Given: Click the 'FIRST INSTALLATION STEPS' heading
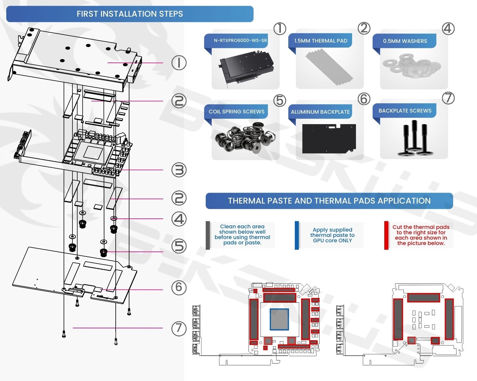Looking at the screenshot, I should pos(130,14).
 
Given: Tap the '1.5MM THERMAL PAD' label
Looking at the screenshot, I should pos(320,41).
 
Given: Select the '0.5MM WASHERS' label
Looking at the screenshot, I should pos(405,41).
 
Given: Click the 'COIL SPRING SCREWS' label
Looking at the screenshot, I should pos(236,112).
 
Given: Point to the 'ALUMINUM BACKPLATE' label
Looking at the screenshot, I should pos(320,112).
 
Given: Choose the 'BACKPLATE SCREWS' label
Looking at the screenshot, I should pos(405,111).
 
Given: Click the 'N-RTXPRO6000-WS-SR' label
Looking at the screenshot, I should pos(240,40).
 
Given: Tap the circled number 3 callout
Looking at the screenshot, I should pos(179,170).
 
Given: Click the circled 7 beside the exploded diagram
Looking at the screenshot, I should pos(179,328).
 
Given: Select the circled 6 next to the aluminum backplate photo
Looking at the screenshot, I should pos(364,99).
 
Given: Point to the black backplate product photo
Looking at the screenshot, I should pos(329,138).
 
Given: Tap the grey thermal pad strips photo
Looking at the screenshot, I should pos(329,67).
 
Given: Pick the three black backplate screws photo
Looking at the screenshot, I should pos(414,138).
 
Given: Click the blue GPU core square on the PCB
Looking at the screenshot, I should pos(279,319).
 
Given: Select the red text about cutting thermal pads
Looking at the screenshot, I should pos(421,235).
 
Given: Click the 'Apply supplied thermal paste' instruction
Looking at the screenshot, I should pos(332,235).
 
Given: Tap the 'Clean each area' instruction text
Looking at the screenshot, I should pos(242,235).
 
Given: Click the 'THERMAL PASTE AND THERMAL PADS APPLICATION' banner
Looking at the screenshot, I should pos(329,201).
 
